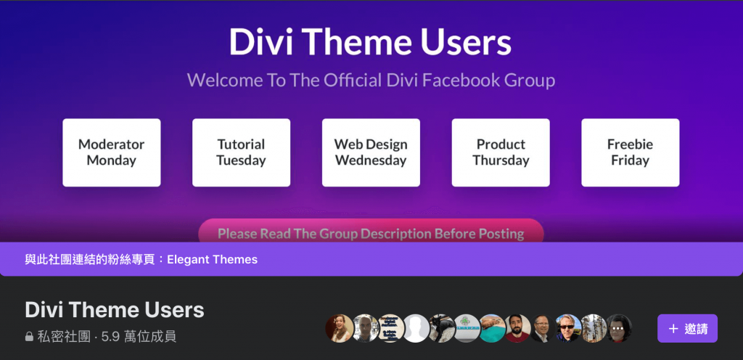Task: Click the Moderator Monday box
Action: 111,152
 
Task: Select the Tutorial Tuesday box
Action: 241,152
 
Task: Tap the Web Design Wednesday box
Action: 371,152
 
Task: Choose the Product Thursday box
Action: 501,152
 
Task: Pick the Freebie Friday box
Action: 631,152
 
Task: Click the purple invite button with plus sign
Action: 687,328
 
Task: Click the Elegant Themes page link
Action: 213,260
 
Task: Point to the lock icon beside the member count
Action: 29,337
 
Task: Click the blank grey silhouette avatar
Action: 416,328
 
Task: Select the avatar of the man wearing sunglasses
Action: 568,328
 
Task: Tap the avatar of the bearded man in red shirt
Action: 517,328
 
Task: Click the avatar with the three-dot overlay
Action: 618,328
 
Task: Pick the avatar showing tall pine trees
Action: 594,328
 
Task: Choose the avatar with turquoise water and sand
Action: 493,328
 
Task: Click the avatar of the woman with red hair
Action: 340,328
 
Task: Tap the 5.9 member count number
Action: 110,337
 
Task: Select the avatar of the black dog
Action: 442,328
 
